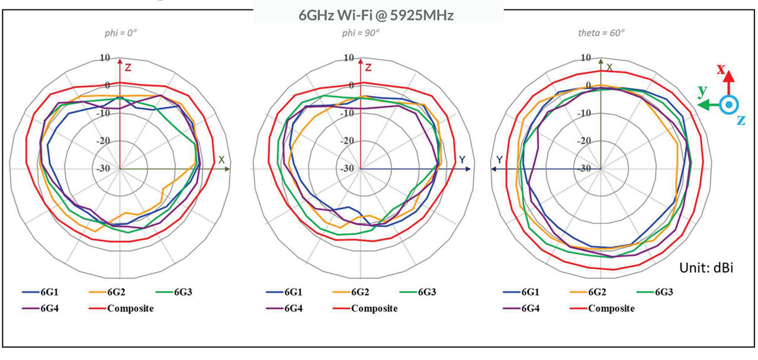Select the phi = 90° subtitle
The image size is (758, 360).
point(360,33)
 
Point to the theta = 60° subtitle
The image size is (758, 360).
point(601,33)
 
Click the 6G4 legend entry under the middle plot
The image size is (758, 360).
point(291,308)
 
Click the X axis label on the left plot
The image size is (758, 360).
point(221,160)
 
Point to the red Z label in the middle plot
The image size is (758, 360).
point(368,67)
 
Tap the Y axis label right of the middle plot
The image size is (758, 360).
point(462,160)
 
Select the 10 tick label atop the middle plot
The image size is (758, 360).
point(349,58)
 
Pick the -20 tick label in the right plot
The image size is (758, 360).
point(585,141)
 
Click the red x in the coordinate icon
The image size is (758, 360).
point(721,69)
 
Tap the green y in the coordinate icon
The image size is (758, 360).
point(702,91)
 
